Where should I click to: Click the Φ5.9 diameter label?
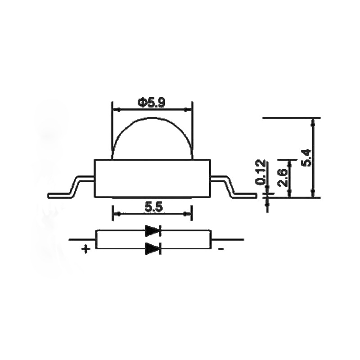pyautogui.click(x=152, y=103)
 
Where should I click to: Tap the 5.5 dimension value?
pyautogui.click(x=153, y=207)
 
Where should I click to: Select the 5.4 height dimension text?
pyautogui.click(x=307, y=157)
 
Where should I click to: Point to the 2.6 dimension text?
pyautogui.click(x=282, y=178)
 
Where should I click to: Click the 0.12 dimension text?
pyautogui.click(x=261, y=172)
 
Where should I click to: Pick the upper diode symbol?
pyautogui.click(x=153, y=230)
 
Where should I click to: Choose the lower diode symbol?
pyautogui.click(x=153, y=248)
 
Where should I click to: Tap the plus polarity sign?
pyautogui.click(x=85, y=249)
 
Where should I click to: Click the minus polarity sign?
pyautogui.click(x=221, y=249)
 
